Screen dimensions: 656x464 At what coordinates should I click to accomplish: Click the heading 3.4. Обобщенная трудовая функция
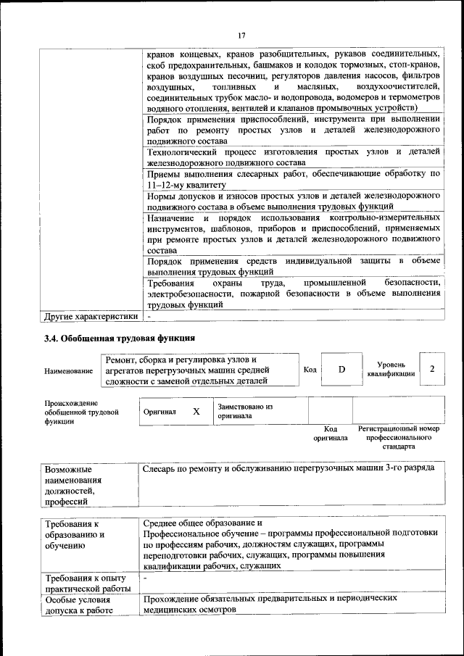120,338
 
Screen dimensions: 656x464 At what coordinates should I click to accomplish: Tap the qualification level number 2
432,369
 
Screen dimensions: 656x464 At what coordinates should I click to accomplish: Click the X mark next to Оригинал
196,411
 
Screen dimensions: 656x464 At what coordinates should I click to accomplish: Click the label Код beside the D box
310,370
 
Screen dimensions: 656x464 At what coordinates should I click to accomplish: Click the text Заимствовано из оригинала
244,411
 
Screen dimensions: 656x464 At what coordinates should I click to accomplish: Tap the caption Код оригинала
331,433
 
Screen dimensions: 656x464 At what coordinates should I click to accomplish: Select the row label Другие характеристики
91,317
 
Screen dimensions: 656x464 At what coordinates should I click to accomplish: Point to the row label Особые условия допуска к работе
80,605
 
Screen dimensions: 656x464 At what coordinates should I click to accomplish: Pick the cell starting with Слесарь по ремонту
289,468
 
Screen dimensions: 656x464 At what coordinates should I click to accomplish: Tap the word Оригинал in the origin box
159,411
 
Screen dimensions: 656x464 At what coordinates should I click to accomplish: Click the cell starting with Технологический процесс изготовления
294,157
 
